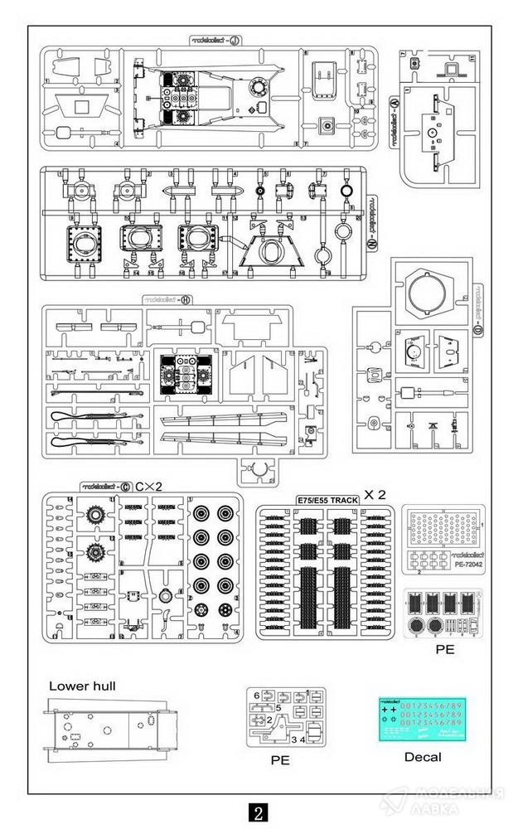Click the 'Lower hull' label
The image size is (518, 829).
point(83,686)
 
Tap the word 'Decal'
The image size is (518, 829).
point(423,756)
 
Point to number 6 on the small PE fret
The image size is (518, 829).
point(257,695)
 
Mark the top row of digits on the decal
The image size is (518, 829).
point(430,705)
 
